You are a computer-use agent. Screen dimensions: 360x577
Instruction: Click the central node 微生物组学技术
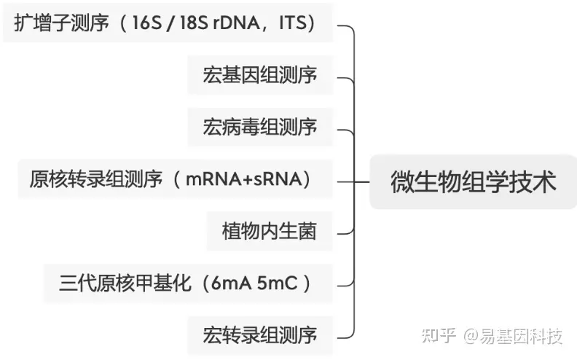click(x=473, y=181)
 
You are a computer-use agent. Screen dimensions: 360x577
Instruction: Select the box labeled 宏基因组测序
click(x=260, y=75)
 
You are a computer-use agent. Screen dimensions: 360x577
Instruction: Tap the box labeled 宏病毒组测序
click(x=260, y=128)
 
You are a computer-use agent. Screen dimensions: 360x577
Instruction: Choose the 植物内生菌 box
click(x=270, y=232)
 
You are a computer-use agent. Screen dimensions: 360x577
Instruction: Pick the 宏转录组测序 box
click(x=260, y=336)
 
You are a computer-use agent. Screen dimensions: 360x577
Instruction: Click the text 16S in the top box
click(x=147, y=23)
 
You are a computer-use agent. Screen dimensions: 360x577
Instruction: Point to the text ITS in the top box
click(x=294, y=23)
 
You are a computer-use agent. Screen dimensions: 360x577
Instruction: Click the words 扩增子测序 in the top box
click(x=60, y=23)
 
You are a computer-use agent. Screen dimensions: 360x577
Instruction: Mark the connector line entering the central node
click(x=363, y=180)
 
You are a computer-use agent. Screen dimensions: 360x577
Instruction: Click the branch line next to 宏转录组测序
click(x=345, y=336)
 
